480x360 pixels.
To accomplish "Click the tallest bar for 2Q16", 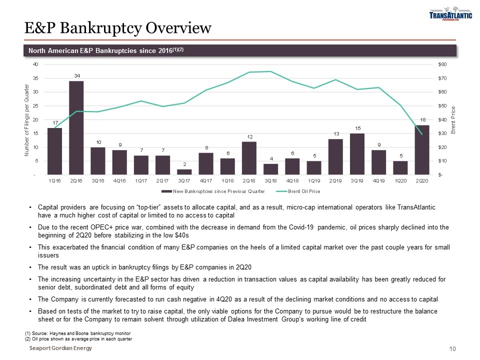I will pyautogui.click(x=76, y=128).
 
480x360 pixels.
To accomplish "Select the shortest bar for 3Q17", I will pyautogui.click(x=184, y=172).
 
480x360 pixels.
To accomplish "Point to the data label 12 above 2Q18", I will pyautogui.click(x=249, y=136).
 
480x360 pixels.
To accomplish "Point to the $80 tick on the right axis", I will pyautogui.click(x=442, y=64).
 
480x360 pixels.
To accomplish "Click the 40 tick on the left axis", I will pyautogui.click(x=35, y=64).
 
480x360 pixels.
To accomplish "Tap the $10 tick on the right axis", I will pyautogui.click(x=442, y=161).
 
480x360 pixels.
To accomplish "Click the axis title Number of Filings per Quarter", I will pyautogui.click(x=27, y=120).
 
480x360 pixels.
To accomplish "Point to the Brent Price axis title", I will pyautogui.click(x=453, y=120).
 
